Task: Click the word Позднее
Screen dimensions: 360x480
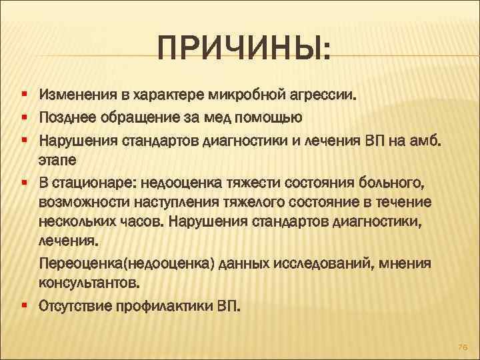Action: [x=67, y=118]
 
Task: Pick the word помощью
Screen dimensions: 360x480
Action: [x=271, y=118]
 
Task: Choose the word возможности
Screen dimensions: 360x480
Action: [x=80, y=202]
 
